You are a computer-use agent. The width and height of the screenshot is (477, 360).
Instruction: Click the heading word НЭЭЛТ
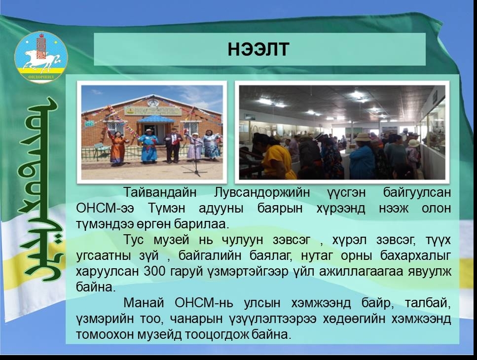[x=258, y=49]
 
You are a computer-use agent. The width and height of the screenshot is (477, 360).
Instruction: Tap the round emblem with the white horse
[x=41, y=57]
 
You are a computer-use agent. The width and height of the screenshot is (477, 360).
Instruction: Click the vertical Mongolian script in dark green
[x=40, y=189]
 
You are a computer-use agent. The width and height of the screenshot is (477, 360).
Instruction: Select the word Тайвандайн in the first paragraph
[x=160, y=192]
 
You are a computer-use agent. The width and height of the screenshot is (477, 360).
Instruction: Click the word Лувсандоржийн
[x=262, y=193]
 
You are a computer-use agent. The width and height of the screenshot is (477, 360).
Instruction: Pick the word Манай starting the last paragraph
[x=144, y=303]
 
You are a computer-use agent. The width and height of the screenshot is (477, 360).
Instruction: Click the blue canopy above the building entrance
[x=156, y=119]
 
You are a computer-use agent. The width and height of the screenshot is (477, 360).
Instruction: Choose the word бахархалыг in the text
[x=415, y=256]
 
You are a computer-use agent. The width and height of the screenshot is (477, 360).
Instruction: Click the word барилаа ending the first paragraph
[x=201, y=224]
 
